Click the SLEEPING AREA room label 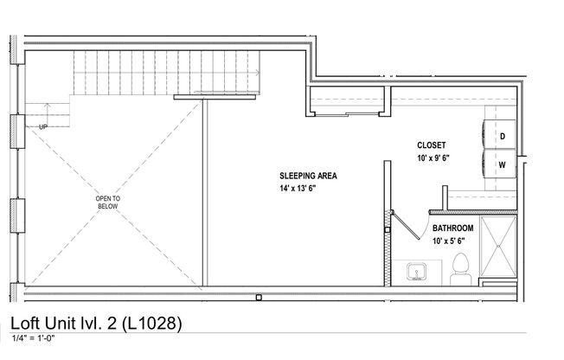tap(308, 176)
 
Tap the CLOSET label tap(431, 146)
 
